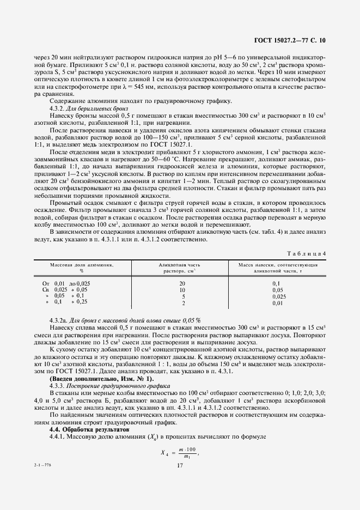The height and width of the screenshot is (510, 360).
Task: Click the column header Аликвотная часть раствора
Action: (x=182, y=267)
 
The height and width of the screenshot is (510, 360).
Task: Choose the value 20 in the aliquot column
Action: (x=182, y=284)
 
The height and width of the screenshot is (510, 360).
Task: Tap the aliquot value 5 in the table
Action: (x=183, y=296)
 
